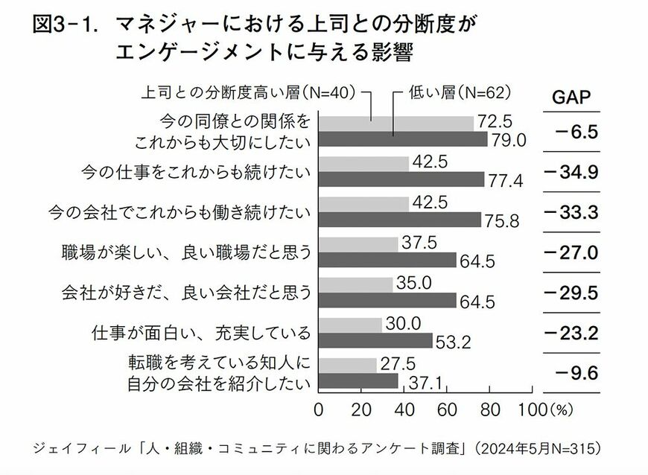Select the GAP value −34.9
pos(572,173)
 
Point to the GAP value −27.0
pos(572,252)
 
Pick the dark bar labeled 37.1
pos(358,380)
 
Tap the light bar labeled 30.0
pos(350,325)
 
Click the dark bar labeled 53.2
pos(375,340)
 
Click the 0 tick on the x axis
pos(319,409)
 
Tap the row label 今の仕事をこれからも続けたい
pos(196,173)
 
